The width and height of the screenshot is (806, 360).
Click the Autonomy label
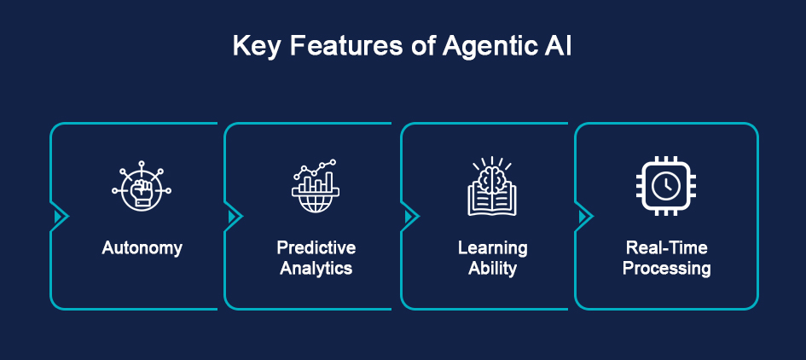click(x=142, y=248)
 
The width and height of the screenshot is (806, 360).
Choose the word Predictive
click(x=316, y=248)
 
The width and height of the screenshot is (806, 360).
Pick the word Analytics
click(x=316, y=269)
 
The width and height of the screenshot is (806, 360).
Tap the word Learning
click(x=492, y=248)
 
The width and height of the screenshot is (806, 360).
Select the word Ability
click(x=492, y=269)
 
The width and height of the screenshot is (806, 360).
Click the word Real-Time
click(x=666, y=248)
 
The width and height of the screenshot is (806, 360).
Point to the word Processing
click(x=666, y=269)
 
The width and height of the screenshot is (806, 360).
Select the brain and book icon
click(x=492, y=186)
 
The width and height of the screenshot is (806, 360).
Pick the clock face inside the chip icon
click(x=666, y=185)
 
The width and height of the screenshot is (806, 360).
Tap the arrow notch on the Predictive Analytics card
click(x=234, y=217)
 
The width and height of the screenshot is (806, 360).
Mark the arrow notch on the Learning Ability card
click(x=410, y=217)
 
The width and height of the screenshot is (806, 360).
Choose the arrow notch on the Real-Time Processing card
click(x=584, y=217)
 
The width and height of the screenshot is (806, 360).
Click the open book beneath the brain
click(x=492, y=200)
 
